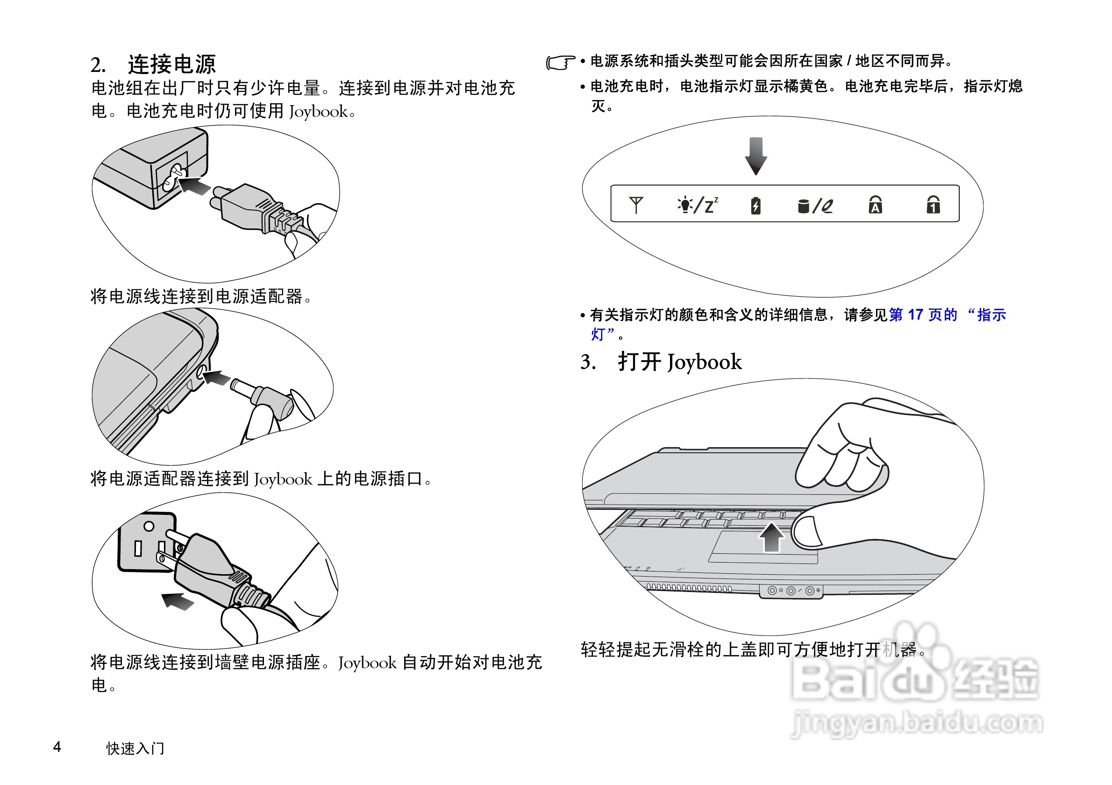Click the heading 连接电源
171,64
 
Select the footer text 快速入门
135,748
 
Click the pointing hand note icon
560,63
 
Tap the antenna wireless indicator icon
635,204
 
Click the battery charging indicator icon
755,205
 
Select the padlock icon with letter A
875,204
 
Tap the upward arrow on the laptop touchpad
771,537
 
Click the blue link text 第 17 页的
923,315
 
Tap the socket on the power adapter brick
172,177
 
